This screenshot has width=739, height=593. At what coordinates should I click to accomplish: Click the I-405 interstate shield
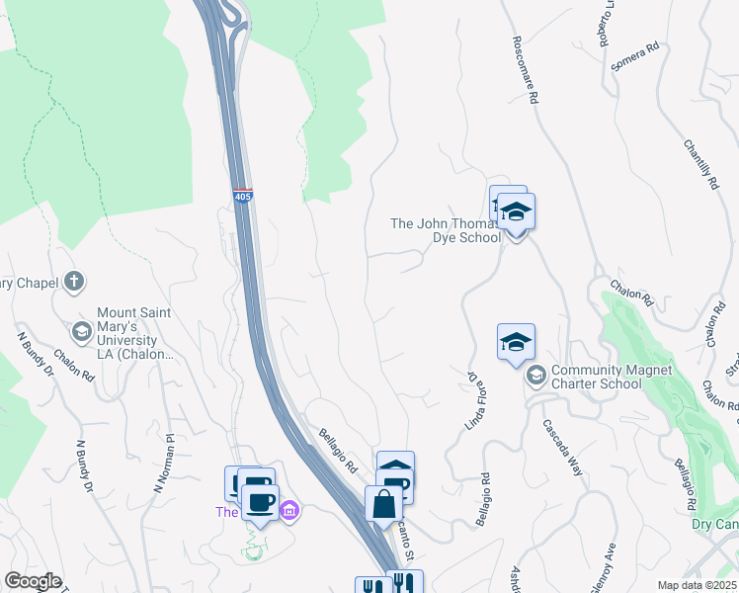[243, 195]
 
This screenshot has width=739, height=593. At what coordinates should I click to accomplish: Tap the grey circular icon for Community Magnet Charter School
[536, 375]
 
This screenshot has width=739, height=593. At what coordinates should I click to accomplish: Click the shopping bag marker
[383, 503]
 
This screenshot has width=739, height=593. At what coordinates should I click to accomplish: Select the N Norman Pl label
[163, 465]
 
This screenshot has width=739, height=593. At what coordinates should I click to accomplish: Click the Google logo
[33, 581]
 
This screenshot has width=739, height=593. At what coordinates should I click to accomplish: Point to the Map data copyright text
[698, 585]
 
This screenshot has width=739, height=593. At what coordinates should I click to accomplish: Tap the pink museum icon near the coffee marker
[288, 511]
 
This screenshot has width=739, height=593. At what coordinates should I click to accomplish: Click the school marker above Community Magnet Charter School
[516, 343]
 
